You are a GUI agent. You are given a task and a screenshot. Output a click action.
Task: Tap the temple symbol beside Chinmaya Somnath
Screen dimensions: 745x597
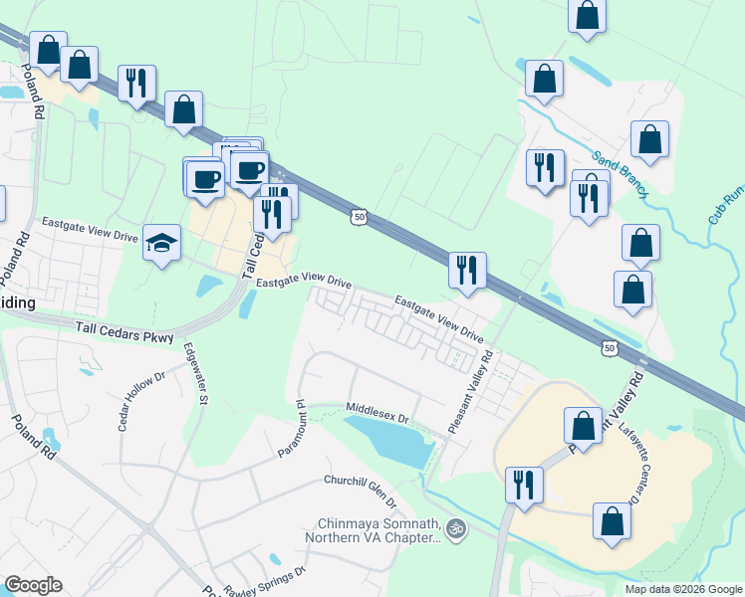pos(455,527)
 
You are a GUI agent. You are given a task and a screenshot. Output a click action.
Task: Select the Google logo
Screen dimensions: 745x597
pos(33,585)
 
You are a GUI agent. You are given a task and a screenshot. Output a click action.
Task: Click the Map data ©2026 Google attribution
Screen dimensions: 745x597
pos(682,589)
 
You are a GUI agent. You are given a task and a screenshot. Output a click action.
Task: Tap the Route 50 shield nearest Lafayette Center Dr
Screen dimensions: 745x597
pos(610,347)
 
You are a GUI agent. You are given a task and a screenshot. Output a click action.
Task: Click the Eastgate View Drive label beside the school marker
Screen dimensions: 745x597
pos(88,231)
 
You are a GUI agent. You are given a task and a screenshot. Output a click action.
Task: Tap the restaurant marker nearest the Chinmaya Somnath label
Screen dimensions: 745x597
pos(523,485)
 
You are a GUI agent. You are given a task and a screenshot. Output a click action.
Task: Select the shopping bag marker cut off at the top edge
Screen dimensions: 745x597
pos(587,15)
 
